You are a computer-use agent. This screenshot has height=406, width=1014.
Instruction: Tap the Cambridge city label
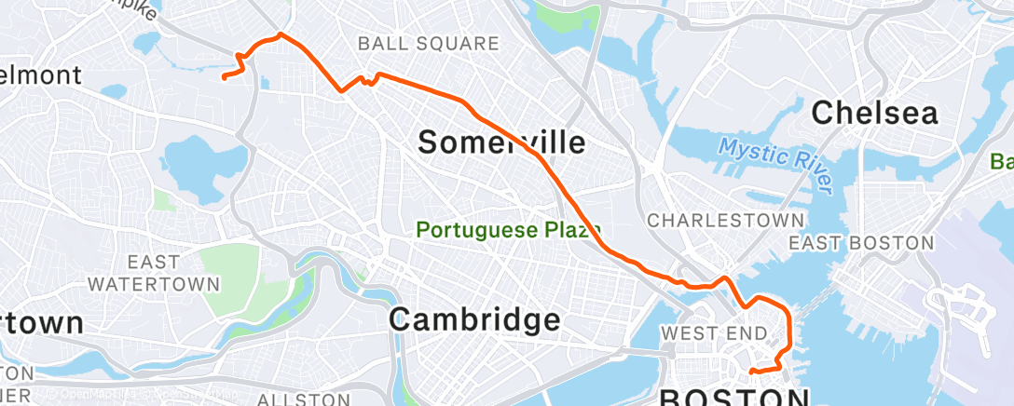(x=474, y=320)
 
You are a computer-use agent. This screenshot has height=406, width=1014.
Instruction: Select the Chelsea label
(x=874, y=113)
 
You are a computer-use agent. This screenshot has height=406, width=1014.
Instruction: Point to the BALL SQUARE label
(x=429, y=43)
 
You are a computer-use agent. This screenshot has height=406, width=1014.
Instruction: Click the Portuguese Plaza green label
(x=508, y=228)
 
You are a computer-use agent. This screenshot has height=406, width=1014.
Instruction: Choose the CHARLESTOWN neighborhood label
(x=725, y=221)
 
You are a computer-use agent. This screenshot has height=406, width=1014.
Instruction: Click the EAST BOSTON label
(x=860, y=243)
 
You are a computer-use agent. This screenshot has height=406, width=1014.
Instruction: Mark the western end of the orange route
(x=224, y=77)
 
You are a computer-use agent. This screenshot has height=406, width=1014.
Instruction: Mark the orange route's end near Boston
(x=751, y=372)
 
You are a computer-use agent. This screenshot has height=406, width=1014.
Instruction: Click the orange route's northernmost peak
(x=280, y=35)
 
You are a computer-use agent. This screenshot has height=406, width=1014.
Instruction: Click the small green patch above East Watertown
(x=164, y=199)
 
